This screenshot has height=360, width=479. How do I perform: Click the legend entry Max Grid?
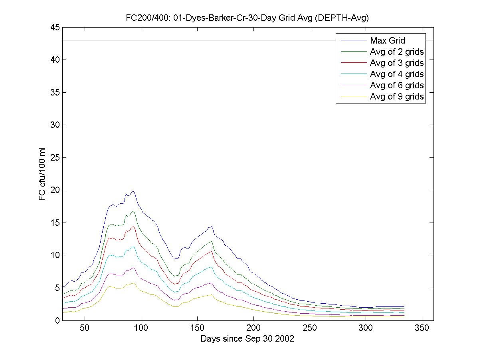387,40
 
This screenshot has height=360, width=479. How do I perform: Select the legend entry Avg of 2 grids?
396,52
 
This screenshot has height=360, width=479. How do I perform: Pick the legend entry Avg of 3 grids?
396,63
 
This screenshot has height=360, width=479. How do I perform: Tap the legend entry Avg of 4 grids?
396,74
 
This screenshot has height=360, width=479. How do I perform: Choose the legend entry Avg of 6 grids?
396,85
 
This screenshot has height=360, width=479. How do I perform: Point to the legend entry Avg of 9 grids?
396,96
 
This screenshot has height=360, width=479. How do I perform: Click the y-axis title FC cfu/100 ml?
43,174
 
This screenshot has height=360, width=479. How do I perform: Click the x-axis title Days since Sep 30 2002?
247,339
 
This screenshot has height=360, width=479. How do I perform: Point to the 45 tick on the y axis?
55,27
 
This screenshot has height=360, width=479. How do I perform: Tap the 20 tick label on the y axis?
55,190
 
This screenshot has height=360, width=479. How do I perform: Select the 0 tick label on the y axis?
57,320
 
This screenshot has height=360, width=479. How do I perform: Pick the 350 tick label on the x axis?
422,328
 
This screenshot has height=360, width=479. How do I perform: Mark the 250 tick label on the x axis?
309,328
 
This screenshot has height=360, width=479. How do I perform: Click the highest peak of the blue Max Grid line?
133,191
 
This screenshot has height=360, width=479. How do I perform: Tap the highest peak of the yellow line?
133,283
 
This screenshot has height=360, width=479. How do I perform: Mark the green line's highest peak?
133,211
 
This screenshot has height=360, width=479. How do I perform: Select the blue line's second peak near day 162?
211,226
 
